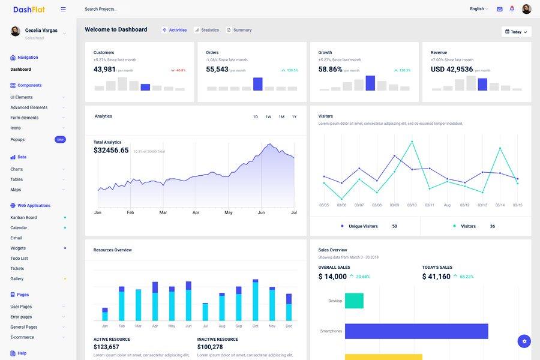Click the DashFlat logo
point(29,9)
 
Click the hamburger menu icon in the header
point(64,9)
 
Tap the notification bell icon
point(512,9)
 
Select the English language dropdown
point(479,9)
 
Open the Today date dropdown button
point(516,32)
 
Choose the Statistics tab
point(207,30)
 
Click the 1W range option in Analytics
point(268,117)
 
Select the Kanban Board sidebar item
point(23,218)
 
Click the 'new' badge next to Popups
point(60,140)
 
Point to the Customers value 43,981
point(104,70)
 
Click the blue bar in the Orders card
point(258,84)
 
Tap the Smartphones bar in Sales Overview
point(416,331)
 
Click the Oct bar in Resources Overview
point(256,301)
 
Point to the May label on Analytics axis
point(229,212)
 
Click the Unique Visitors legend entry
point(363,226)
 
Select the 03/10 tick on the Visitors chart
point(412,205)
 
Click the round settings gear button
point(524,341)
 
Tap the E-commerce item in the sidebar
point(22,337)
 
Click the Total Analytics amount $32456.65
point(111,151)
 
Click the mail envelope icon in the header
point(500,9)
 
